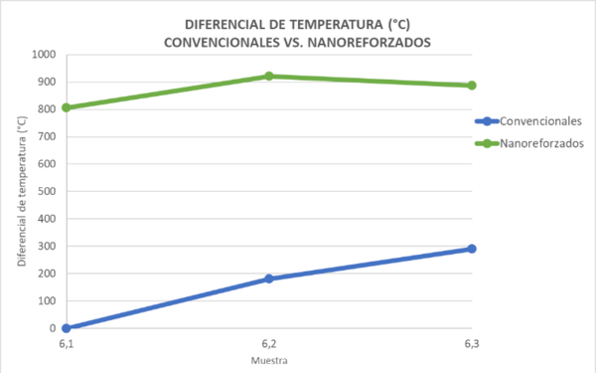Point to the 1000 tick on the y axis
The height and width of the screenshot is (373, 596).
45,54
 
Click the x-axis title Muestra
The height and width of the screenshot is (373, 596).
268,359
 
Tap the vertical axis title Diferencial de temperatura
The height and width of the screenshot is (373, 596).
22,191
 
